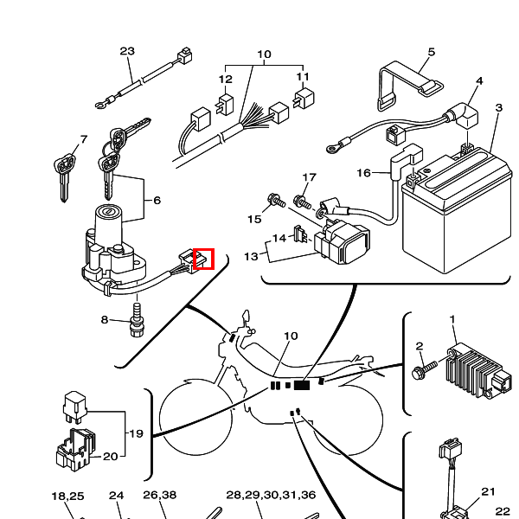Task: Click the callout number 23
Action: pyautogui.click(x=127, y=51)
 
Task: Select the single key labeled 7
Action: pyautogui.click(x=64, y=176)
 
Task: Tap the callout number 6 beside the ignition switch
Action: pyautogui.click(x=157, y=201)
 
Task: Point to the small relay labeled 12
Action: pyautogui.click(x=225, y=105)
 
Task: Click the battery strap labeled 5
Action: pyautogui.click(x=409, y=85)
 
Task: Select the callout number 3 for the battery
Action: pyautogui.click(x=499, y=107)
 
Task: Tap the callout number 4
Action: pyautogui.click(x=479, y=81)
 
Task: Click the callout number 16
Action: pyautogui.click(x=363, y=173)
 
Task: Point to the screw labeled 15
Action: pyautogui.click(x=277, y=201)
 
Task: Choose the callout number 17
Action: pyautogui.click(x=309, y=177)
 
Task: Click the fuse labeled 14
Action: pyautogui.click(x=300, y=234)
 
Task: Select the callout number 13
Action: pyautogui.click(x=251, y=257)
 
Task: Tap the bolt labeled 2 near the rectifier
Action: pyautogui.click(x=425, y=369)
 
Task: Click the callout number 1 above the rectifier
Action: pyautogui.click(x=452, y=319)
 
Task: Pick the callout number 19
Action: pyautogui.click(x=136, y=433)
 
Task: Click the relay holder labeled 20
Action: pyautogui.click(x=74, y=450)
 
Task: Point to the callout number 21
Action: pyautogui.click(x=488, y=491)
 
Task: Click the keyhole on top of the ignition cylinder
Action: pyautogui.click(x=108, y=211)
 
